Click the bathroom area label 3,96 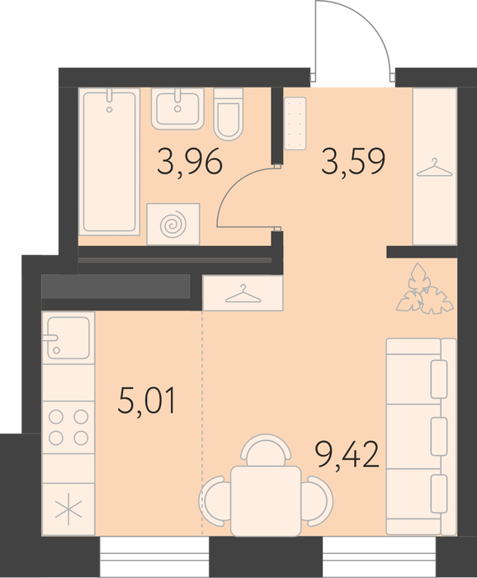click(189, 162)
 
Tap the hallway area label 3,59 click(353, 161)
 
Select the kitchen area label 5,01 click(147, 400)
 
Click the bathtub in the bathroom click(110, 162)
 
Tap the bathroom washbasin click(177, 109)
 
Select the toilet click(229, 114)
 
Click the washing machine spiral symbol click(173, 224)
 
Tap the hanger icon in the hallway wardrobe click(435, 168)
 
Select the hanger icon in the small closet click(243, 294)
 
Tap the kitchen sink click(68, 338)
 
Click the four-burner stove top click(68, 427)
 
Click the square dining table click(266, 500)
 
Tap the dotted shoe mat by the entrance click(295, 123)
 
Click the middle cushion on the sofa click(439, 436)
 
